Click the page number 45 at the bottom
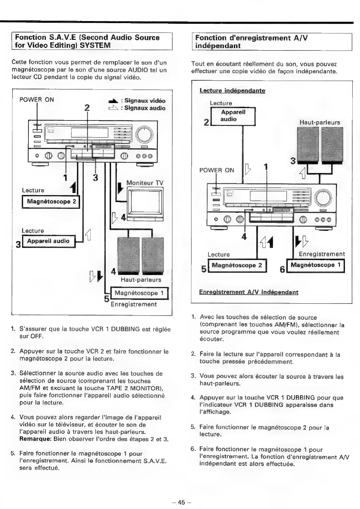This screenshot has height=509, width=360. coord(181,502)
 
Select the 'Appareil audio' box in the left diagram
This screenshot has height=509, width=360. coord(48,241)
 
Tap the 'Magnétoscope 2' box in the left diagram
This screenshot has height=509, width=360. coord(51,202)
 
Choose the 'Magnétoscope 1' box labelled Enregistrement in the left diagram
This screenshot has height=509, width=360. coord(139,293)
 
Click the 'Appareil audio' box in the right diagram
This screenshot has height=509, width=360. coord(233,116)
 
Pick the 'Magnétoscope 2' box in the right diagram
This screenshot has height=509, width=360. coord(237,266)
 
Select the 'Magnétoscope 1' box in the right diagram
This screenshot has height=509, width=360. coord(315,265)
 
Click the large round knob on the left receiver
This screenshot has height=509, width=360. coord(144,135)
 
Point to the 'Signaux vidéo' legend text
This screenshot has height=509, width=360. coord(145,101)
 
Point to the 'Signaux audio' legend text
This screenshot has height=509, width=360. coord(145,108)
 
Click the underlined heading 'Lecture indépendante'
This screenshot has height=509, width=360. coord(232,91)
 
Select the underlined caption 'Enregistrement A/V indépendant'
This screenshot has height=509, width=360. coord(249,292)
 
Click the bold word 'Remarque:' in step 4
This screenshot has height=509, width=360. coord(35,439)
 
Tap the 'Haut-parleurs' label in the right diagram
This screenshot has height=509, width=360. coord(320,122)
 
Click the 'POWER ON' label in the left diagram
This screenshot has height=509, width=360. coord(36,99)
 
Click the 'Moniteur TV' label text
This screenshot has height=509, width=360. coord(145,183)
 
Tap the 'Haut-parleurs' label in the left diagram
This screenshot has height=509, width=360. coord(141,280)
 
